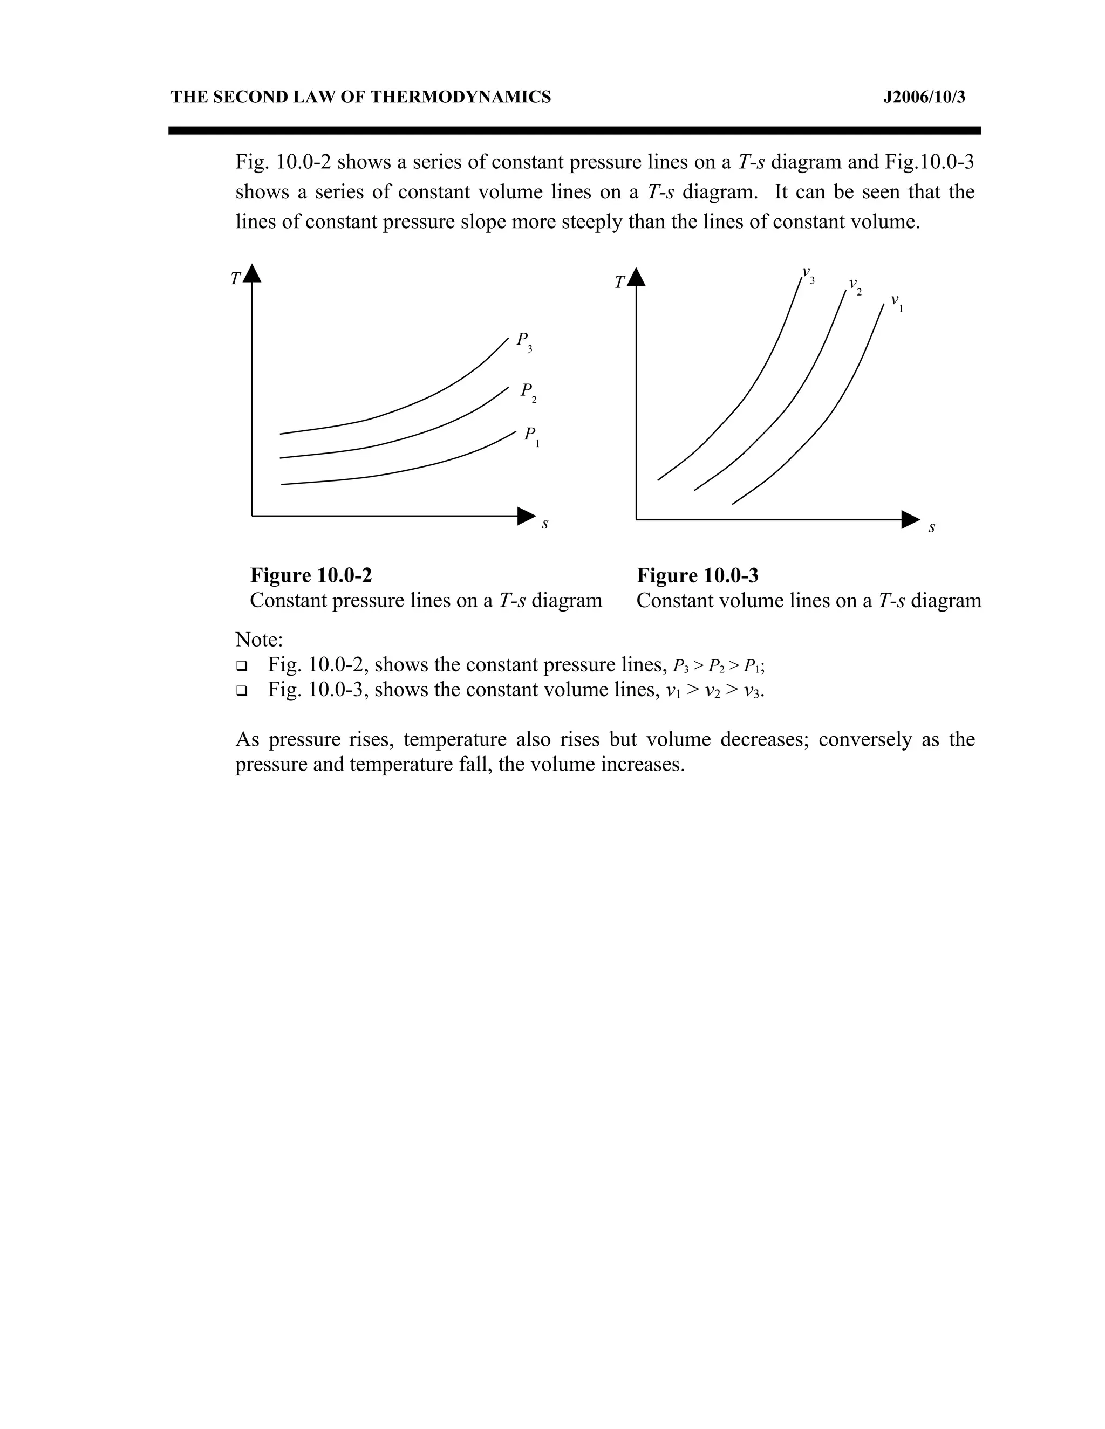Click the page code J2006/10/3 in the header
924,98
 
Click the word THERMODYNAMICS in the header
461,98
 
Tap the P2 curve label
528,393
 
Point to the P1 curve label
531,436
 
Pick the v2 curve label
855,286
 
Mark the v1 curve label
896,303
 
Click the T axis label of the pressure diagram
235,279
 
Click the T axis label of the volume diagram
619,283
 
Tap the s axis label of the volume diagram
931,527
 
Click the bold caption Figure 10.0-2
311,575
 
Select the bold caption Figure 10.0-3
697,576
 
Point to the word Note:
259,639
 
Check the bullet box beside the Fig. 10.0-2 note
242,666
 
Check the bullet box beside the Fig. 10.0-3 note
242,691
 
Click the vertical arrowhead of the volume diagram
636,277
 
